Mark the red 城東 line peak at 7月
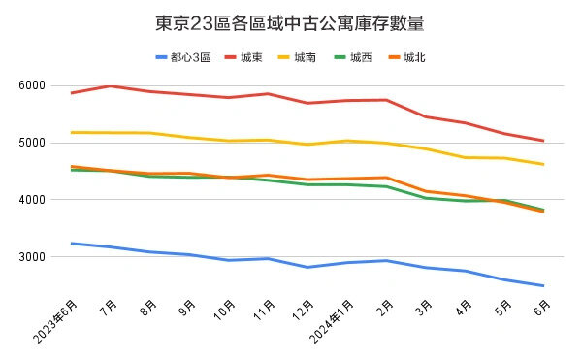[x=111, y=86]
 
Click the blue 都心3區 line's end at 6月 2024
[x=543, y=286]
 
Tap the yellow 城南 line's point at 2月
[x=386, y=143]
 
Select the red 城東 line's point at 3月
[x=426, y=116]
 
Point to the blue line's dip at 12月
[x=307, y=267]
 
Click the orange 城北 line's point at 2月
[x=386, y=178]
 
